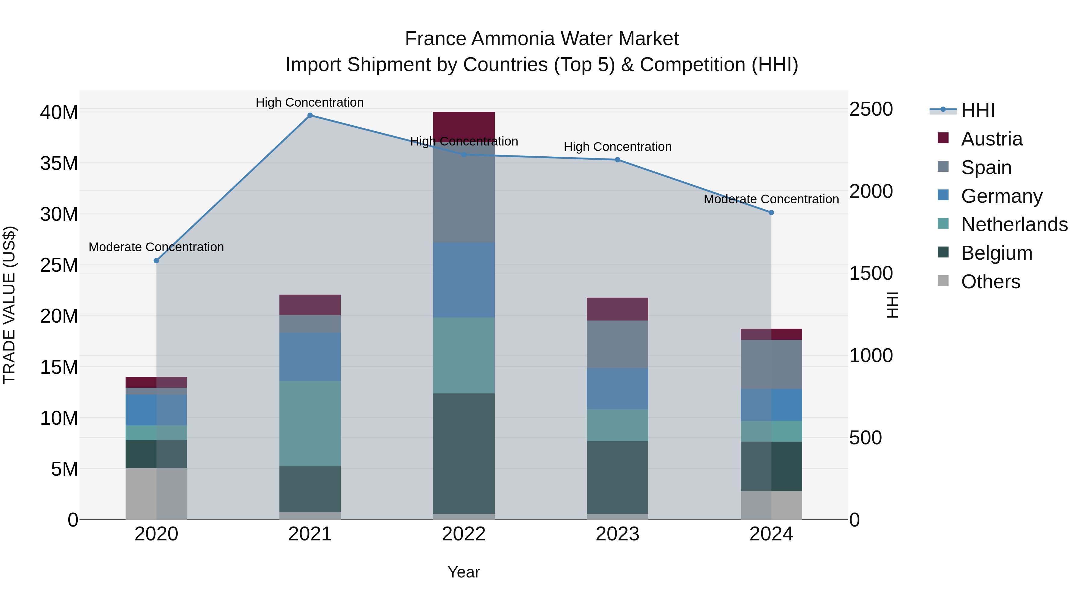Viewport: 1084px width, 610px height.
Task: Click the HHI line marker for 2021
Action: [310, 115]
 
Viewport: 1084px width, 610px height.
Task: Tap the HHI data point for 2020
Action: [157, 261]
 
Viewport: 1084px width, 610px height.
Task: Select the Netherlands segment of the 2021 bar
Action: [310, 423]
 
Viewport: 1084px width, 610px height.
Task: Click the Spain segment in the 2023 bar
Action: [617, 344]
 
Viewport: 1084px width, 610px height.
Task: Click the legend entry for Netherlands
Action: [1014, 224]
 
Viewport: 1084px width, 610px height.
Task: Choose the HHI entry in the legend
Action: [977, 110]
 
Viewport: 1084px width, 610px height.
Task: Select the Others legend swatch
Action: [943, 281]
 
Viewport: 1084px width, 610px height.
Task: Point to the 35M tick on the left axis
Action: [59, 163]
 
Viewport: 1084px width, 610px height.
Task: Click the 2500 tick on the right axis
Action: [871, 109]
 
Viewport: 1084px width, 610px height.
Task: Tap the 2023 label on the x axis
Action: [617, 534]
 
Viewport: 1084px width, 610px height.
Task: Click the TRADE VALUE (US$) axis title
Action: [9, 305]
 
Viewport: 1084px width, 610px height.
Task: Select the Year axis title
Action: [464, 572]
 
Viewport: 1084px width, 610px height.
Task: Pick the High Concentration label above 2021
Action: [310, 102]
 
